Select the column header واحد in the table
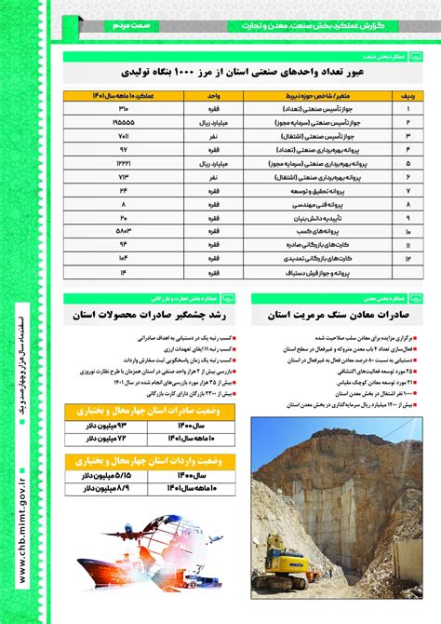click(212, 95)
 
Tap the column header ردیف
click(406, 95)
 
